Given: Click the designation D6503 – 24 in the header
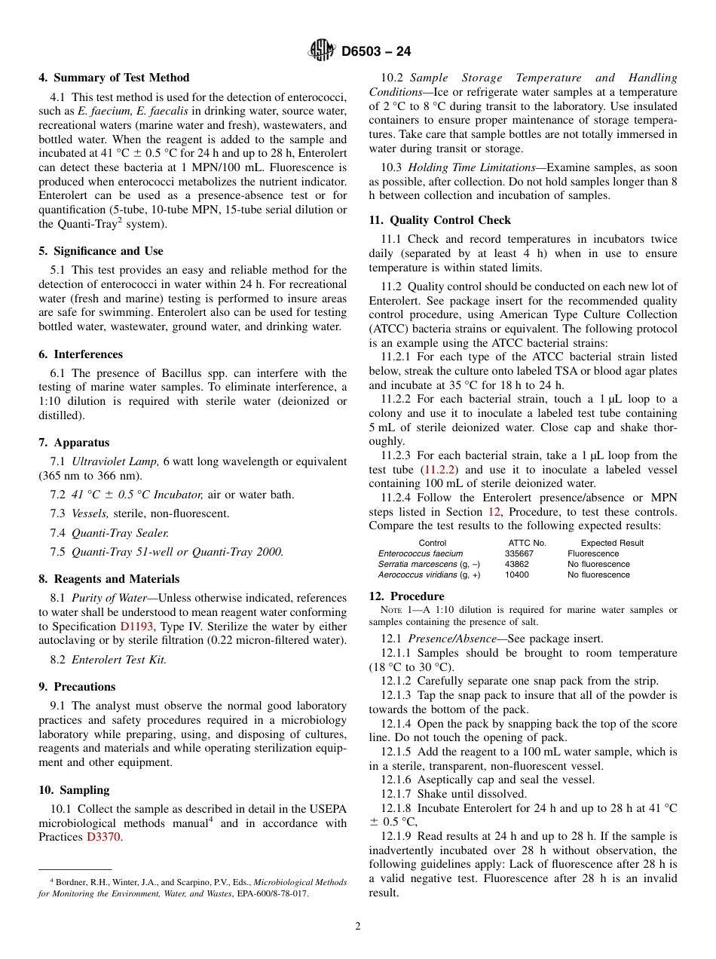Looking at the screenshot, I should (376, 52).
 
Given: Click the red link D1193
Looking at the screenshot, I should (137, 627).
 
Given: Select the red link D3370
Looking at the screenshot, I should (103, 837).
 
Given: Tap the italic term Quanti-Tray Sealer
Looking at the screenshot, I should (120, 533).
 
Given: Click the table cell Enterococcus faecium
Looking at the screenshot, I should (421, 553).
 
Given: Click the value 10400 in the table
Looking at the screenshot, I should (517, 574).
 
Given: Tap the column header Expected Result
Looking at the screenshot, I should (612, 543).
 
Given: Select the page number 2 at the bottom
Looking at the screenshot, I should (358, 927).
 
